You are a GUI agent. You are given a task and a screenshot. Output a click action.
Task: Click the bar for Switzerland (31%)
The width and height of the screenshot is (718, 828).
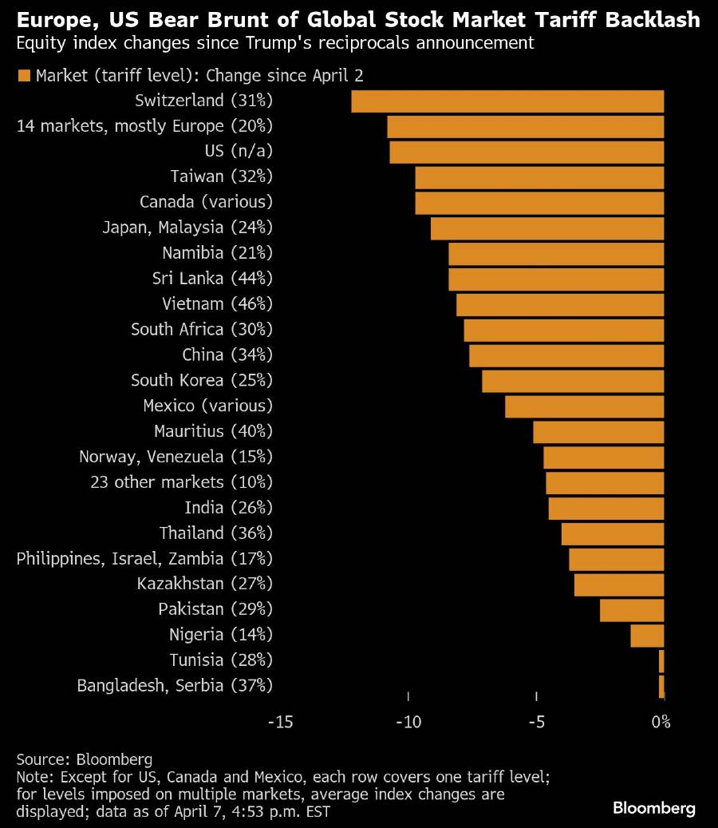tap(507, 101)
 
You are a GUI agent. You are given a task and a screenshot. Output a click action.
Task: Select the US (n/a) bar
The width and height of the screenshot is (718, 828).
tap(527, 152)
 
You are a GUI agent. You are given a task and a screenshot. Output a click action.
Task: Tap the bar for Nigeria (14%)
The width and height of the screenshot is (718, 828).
tap(647, 636)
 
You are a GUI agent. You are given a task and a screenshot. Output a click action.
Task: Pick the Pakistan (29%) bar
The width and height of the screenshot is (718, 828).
tap(632, 610)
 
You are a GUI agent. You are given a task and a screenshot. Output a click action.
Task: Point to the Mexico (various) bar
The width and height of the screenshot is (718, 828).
tap(584, 406)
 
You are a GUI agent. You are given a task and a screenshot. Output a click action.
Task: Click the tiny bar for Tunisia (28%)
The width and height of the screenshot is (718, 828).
tap(661, 661)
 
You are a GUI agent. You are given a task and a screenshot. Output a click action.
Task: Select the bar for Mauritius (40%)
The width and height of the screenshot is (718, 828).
tap(598, 432)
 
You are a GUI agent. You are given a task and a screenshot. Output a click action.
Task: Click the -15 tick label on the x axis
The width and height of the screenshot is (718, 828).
tap(281, 722)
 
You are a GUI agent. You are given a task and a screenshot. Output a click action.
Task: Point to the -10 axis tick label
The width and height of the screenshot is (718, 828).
tap(408, 722)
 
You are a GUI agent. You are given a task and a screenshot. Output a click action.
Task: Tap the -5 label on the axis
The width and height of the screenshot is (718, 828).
tap(536, 722)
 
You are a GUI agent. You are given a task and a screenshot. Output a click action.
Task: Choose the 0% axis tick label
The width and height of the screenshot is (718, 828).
tap(661, 722)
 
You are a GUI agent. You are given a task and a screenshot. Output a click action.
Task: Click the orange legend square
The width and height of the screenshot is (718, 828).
tap(23, 76)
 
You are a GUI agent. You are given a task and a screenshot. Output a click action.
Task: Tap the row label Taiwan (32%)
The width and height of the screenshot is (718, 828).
tap(221, 176)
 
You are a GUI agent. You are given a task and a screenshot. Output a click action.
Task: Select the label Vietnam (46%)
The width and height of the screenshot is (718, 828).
tap(217, 303)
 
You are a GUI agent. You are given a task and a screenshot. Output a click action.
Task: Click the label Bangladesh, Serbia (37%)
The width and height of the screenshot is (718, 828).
tap(175, 685)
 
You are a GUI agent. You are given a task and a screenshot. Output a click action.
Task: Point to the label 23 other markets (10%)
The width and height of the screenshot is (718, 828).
tap(182, 482)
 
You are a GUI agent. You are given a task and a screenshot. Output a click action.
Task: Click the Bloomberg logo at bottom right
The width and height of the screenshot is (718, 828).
tap(654, 808)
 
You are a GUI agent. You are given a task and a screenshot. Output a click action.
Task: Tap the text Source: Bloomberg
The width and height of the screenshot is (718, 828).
tap(84, 759)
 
